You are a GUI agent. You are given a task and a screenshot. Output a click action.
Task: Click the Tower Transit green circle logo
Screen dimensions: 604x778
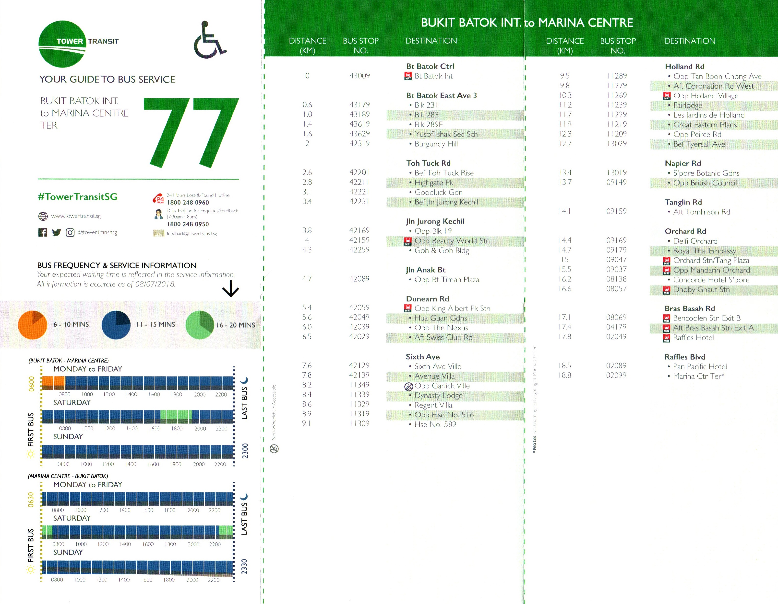(x=62, y=44)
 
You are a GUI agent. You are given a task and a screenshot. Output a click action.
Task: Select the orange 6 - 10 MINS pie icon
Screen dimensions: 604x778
(x=32, y=325)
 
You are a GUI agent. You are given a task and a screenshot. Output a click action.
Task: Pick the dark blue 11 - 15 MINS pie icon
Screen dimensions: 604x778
(x=116, y=325)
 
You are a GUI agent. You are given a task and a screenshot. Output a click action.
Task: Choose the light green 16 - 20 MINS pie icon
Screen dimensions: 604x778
(x=200, y=325)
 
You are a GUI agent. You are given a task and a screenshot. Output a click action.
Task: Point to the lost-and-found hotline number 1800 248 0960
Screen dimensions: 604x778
(x=188, y=203)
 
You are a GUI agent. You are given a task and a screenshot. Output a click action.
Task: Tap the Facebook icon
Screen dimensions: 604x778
(x=43, y=232)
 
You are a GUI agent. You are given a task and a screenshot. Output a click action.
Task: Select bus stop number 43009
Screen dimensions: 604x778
(x=359, y=76)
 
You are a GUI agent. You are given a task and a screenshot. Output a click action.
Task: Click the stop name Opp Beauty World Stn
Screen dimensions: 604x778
(x=452, y=241)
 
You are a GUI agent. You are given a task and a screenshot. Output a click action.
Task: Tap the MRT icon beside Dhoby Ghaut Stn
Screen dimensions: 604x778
(x=667, y=290)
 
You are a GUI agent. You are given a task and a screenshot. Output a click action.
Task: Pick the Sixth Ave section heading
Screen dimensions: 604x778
(x=422, y=357)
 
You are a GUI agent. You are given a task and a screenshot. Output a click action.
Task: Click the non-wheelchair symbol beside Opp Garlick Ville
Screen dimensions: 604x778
(x=409, y=386)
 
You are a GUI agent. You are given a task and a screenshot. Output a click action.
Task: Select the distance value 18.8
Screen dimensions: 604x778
(x=565, y=375)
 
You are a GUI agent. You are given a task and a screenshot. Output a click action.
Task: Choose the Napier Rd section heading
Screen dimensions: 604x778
(x=682, y=163)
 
